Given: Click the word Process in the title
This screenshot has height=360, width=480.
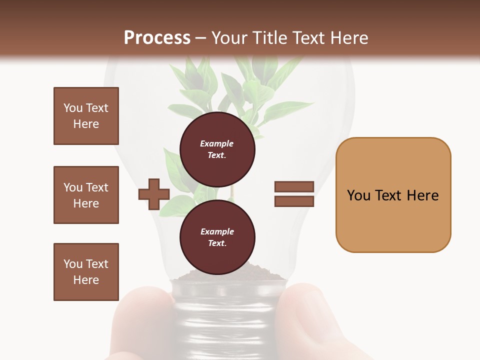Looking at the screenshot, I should point(157,38).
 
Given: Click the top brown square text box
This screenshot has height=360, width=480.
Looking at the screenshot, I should point(86,116).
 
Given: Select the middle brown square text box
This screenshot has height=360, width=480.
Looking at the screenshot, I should point(86,195).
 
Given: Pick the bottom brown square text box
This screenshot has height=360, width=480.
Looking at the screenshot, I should point(86,272).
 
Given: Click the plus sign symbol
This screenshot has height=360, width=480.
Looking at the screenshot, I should point(154,194).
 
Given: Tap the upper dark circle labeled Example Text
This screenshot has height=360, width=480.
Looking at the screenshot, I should point(217,149).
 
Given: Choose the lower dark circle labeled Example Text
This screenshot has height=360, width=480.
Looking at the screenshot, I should point(217,237).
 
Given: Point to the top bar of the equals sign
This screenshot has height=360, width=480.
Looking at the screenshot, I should point(294,186).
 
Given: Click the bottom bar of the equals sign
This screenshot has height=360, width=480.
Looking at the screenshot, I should point(294,201).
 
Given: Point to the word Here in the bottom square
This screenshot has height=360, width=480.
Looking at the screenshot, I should point(86,280).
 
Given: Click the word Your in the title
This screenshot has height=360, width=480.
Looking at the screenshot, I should point(229,38).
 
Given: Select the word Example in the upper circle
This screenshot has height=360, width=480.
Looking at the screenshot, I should point(217,143).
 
